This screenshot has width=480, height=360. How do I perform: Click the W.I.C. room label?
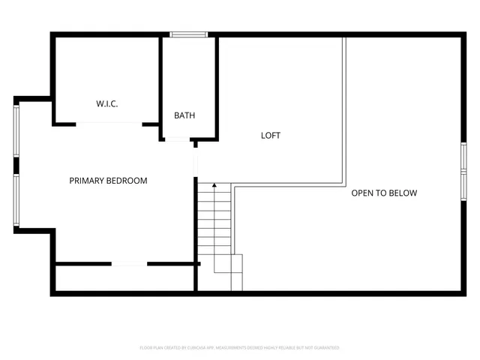[106, 103]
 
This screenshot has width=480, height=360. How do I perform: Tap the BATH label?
[184, 115]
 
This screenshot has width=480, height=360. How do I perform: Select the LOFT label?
[271, 136]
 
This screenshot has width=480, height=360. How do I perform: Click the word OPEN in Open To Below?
[364, 193]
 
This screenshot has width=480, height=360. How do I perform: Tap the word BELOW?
[403, 193]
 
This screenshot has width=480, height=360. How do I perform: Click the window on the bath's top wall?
[188, 34]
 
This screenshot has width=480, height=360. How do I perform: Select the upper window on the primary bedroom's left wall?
[16, 128]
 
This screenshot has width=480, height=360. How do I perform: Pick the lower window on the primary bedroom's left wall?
[16, 200]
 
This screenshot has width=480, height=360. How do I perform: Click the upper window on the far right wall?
[463, 157]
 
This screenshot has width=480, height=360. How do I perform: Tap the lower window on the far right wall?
[463, 184]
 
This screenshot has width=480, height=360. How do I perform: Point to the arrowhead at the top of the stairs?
[214, 184]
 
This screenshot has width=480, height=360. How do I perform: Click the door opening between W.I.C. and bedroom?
[109, 124]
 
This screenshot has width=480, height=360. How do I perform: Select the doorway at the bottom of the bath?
[177, 139]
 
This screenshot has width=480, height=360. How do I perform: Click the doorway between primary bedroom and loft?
[196, 161]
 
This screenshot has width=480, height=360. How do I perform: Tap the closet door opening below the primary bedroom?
[129, 263]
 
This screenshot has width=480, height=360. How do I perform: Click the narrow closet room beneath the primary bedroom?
[124, 277]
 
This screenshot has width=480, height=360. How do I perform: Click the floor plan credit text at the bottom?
[240, 348]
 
